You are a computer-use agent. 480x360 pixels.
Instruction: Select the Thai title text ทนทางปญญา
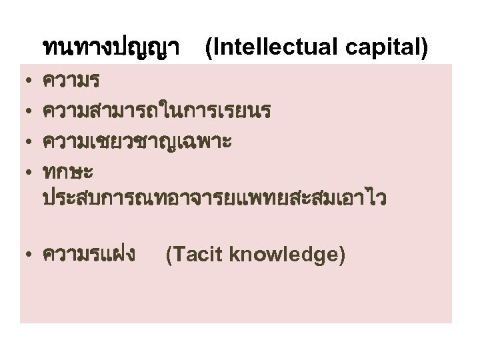click(x=114, y=48)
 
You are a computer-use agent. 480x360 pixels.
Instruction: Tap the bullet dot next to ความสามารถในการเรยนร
click(x=23, y=112)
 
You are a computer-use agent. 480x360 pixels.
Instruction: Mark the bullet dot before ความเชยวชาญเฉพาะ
click(x=23, y=141)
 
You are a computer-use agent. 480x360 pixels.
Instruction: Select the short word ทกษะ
click(x=67, y=171)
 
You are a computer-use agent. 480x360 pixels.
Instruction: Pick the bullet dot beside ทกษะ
click(x=23, y=171)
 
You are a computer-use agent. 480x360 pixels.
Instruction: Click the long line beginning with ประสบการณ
click(x=213, y=198)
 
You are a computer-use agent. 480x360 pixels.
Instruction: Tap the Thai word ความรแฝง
click(x=89, y=254)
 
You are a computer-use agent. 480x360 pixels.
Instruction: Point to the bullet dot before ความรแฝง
click(x=23, y=255)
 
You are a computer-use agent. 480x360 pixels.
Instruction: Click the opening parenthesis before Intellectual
click(x=211, y=48)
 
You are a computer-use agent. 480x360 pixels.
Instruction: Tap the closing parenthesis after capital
click(x=424, y=48)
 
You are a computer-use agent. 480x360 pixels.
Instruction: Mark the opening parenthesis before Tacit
click(x=169, y=254)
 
